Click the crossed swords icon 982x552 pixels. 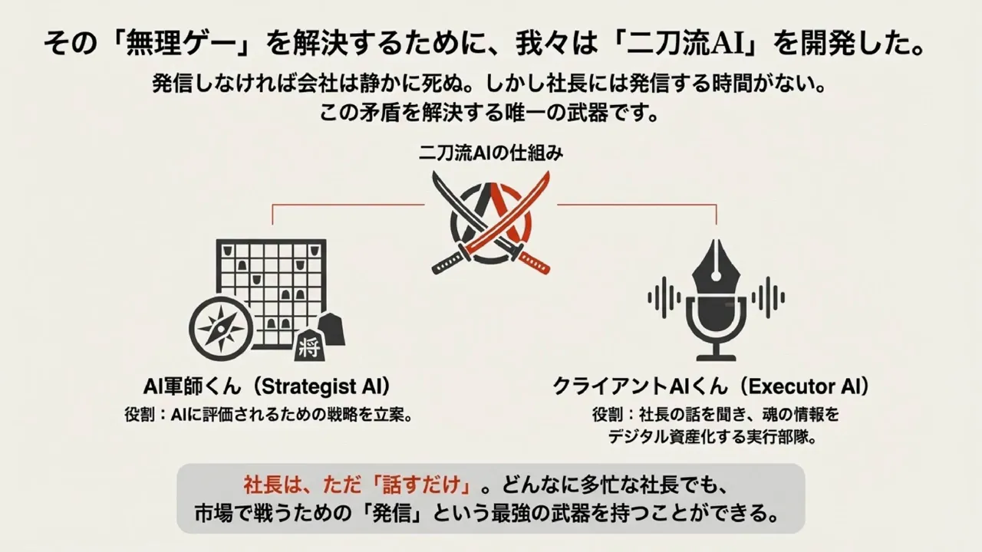tap(491, 222)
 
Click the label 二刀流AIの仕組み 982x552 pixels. tap(491, 153)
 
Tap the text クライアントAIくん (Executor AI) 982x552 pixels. tap(711, 385)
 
